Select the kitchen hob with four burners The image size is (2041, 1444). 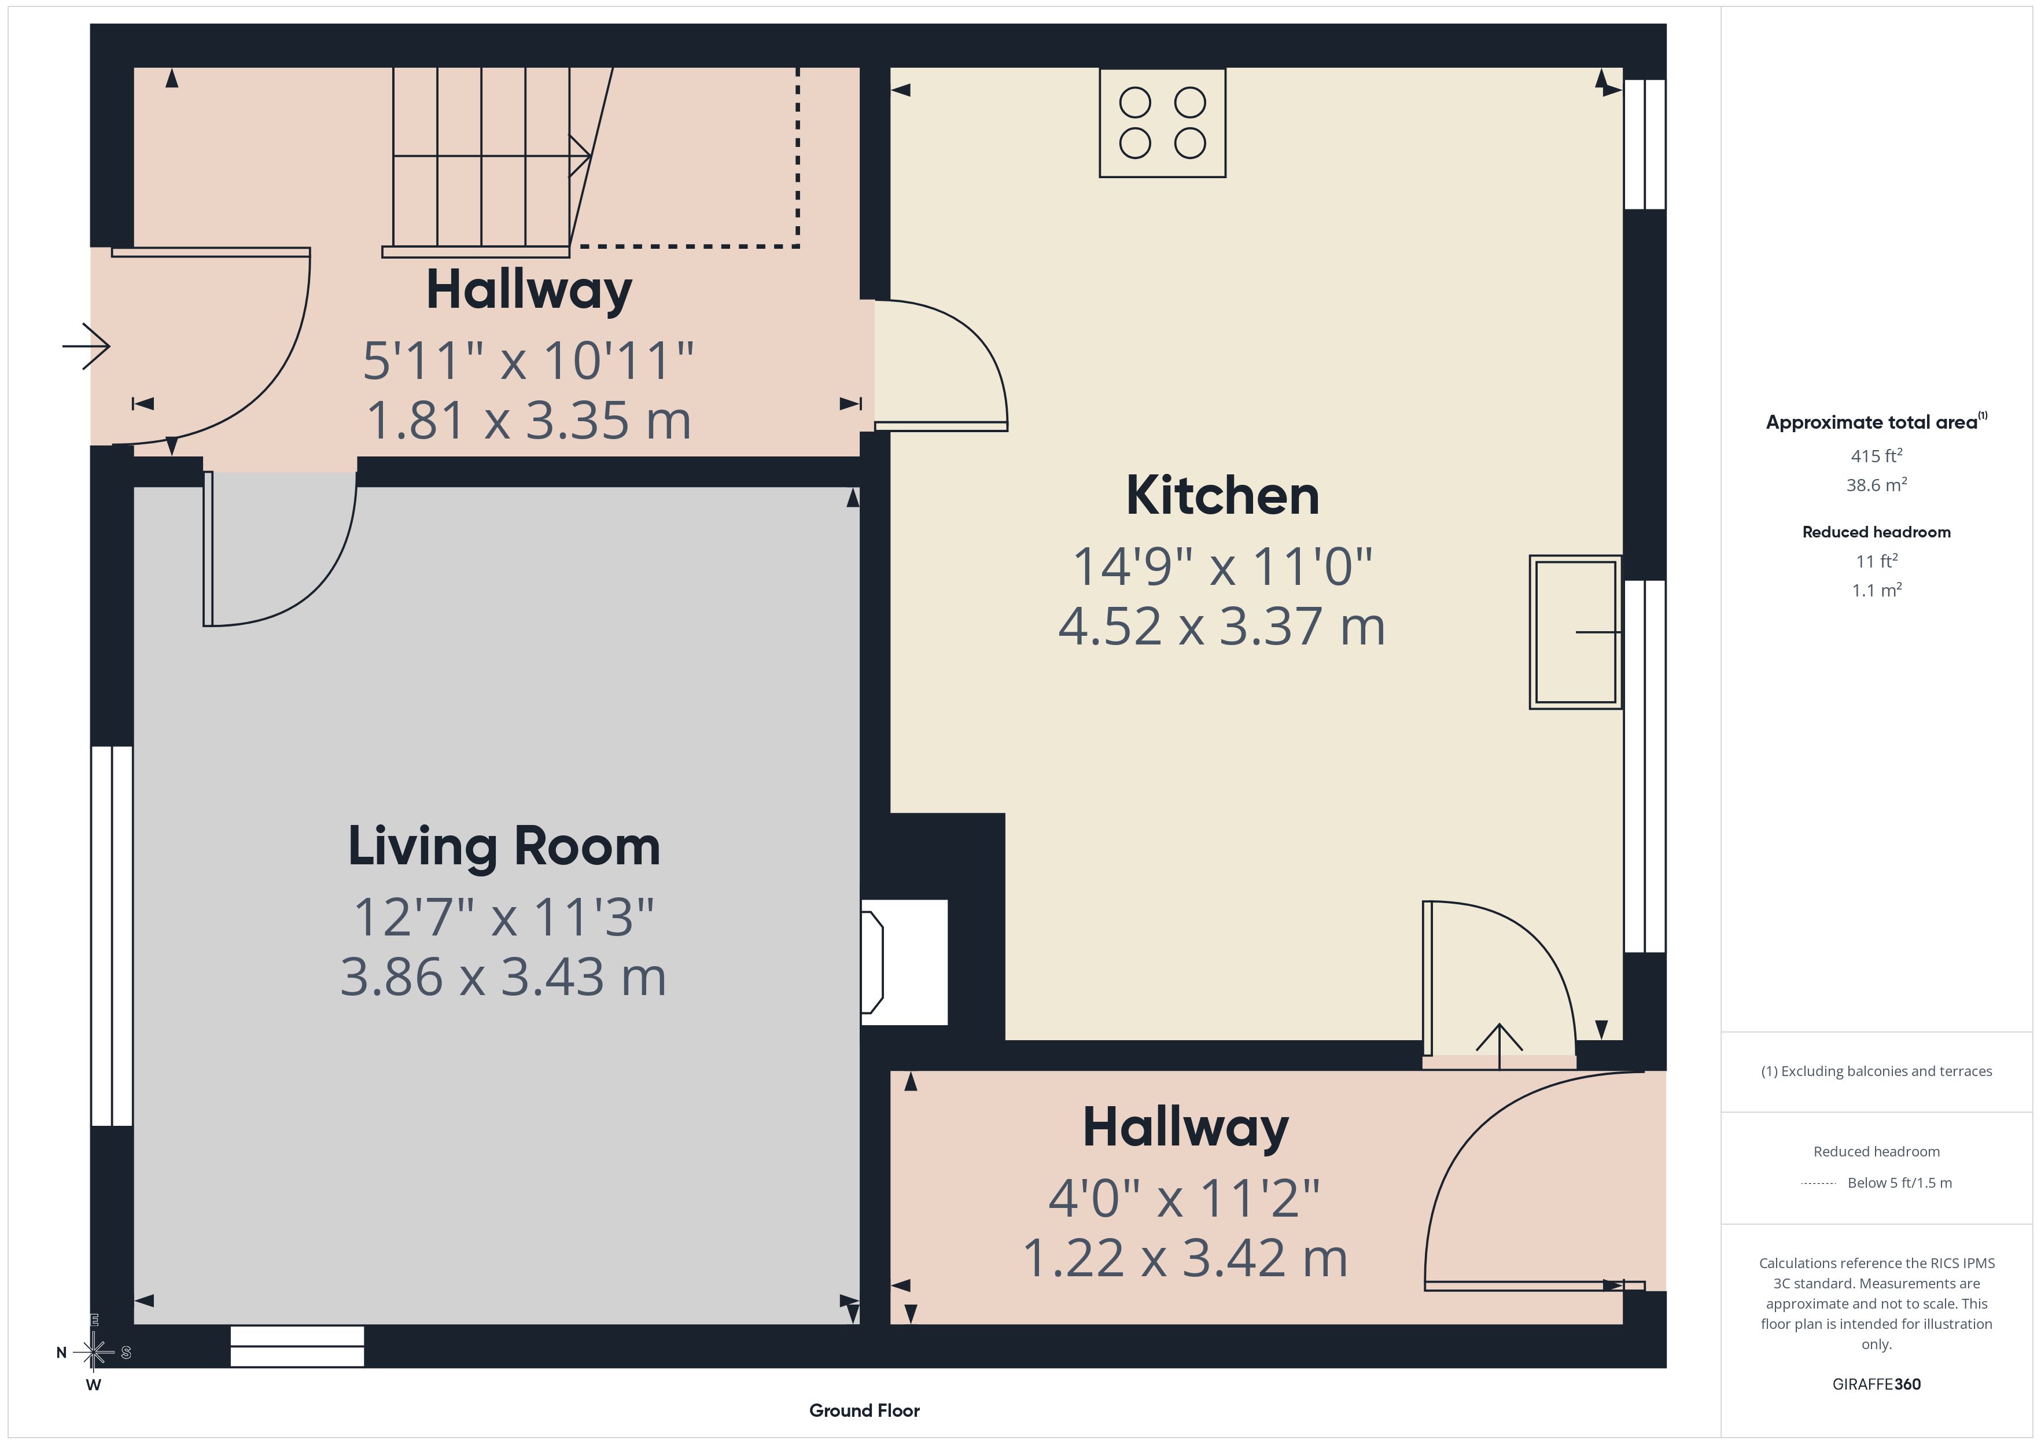1162,123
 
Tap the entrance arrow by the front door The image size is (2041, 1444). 86,346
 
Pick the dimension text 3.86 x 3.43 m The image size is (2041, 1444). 503,977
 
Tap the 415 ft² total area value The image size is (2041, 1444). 1877,455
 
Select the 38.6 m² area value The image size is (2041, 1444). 1877,485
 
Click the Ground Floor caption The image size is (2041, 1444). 864,1410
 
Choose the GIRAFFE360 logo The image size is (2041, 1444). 1877,1383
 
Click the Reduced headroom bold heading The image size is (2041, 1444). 1877,532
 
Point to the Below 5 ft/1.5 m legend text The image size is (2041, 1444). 1900,1183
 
